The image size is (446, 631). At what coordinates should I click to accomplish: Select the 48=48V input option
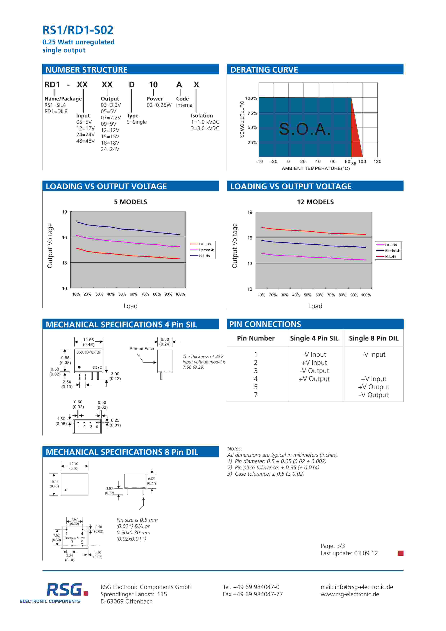coord(85,141)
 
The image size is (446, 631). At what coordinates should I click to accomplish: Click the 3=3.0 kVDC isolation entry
coord(205,128)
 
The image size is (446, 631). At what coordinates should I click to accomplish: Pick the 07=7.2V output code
coord(111,118)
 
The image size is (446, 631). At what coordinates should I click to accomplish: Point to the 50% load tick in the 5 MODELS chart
coord(122,294)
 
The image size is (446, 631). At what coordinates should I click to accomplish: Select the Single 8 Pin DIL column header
coord(373,338)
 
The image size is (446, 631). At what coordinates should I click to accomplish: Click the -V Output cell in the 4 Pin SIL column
coord(314,371)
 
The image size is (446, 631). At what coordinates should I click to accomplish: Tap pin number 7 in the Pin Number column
coord(256,395)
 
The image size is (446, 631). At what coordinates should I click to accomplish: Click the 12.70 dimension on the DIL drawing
coord(74,464)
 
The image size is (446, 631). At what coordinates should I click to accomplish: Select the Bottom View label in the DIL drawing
coord(74,538)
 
